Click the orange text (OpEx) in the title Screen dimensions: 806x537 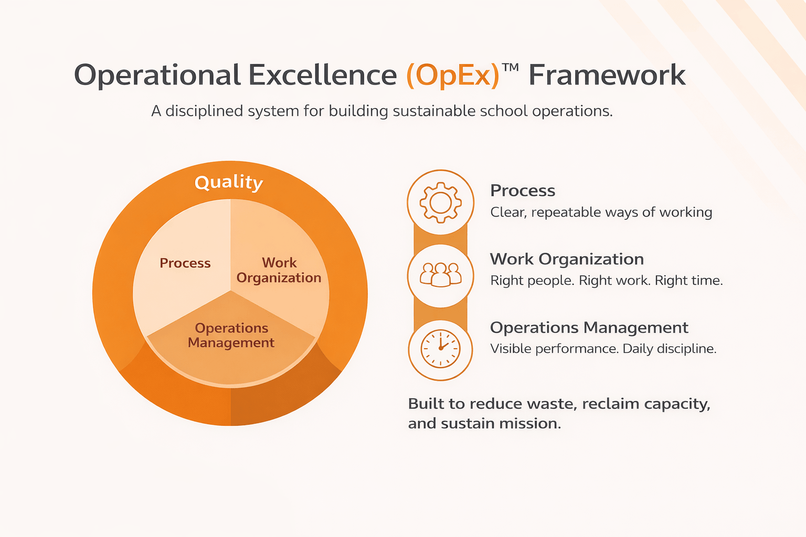pos(453,75)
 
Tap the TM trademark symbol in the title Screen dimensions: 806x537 pos(510,67)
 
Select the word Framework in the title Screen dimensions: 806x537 pos(607,75)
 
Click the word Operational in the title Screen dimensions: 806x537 pos(157,76)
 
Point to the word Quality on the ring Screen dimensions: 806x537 pos(229,182)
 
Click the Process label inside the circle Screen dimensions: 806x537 pos(185,263)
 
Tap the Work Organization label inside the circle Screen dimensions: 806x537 pos(279,270)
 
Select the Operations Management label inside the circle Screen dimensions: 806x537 pos(231,335)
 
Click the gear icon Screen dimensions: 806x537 pos(440,202)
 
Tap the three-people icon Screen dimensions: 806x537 pos(440,274)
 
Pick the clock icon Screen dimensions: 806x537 pos(440,349)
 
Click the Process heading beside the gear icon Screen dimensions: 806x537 pos(523,191)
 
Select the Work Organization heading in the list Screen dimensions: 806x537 pos(567,259)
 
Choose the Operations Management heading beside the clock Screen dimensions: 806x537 pos(589,328)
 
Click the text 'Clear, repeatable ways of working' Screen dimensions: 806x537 pos(601,212)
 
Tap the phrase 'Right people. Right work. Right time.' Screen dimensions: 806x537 pos(607,281)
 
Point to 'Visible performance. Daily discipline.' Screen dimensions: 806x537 pos(603,349)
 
